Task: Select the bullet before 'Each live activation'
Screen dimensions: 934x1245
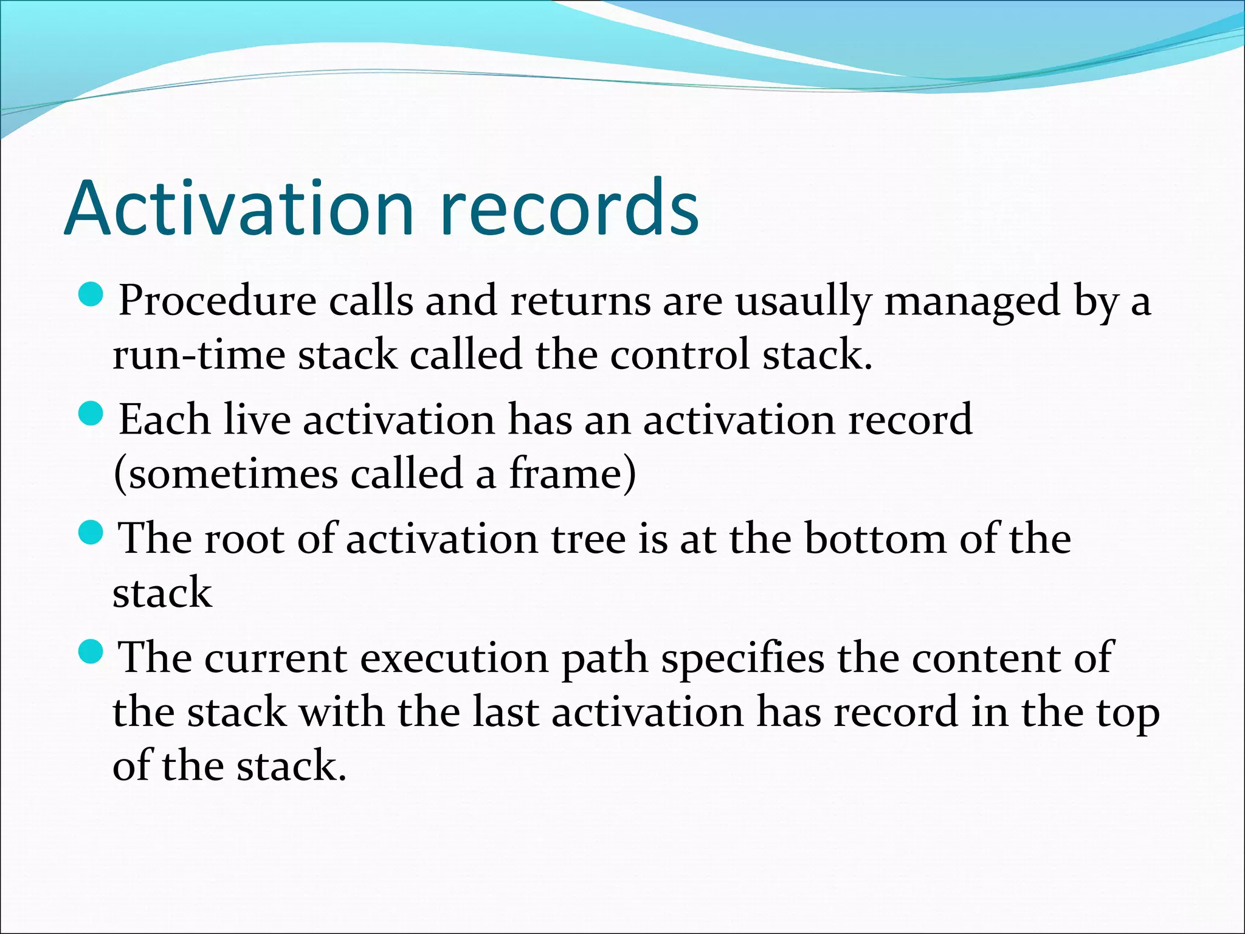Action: click(x=92, y=415)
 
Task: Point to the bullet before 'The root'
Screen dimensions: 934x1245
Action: click(x=92, y=534)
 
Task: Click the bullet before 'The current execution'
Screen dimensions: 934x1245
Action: click(x=92, y=653)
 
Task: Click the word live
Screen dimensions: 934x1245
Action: click(x=257, y=420)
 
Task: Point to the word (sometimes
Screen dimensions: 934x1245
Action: click(x=225, y=474)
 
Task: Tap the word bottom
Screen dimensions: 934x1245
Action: click(x=875, y=539)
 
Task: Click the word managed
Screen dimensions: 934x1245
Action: click(x=972, y=302)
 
